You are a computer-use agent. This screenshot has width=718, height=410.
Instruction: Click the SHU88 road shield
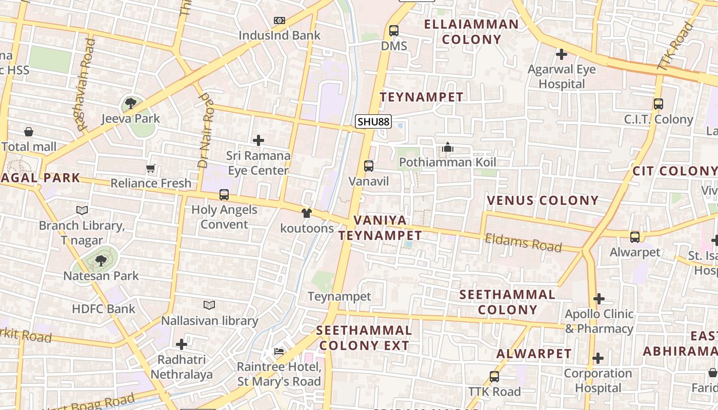click(373, 121)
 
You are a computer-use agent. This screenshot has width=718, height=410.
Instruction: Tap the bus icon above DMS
click(394, 31)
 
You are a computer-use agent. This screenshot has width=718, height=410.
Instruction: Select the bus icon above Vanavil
click(369, 166)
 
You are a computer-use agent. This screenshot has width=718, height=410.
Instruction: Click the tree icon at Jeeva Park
click(131, 104)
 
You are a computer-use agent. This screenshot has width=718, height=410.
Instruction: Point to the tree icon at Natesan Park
click(101, 261)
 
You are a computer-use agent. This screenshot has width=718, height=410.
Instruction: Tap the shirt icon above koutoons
click(307, 213)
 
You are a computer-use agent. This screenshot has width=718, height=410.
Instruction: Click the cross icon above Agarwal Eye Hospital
click(562, 54)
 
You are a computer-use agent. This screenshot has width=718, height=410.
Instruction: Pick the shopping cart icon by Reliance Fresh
click(151, 168)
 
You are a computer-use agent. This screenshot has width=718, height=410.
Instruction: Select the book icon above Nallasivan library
click(209, 305)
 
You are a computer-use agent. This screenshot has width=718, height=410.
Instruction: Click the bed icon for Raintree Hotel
click(278, 352)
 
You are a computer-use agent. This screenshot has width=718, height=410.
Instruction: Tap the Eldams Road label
click(524, 242)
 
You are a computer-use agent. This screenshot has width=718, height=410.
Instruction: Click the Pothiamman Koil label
click(448, 162)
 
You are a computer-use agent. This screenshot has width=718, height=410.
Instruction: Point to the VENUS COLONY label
click(543, 200)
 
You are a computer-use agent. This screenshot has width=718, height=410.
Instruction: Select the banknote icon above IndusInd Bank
click(280, 20)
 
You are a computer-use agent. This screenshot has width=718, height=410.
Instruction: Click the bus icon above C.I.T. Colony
click(659, 104)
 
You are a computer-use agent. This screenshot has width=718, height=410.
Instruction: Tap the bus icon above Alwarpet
click(635, 237)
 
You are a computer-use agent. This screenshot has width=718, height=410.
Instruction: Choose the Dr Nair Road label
click(205, 131)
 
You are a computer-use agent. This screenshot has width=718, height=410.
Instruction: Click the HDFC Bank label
click(104, 309)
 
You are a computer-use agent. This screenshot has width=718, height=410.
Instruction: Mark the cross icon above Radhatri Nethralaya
click(182, 344)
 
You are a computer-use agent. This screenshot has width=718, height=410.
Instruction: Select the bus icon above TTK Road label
click(494, 377)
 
